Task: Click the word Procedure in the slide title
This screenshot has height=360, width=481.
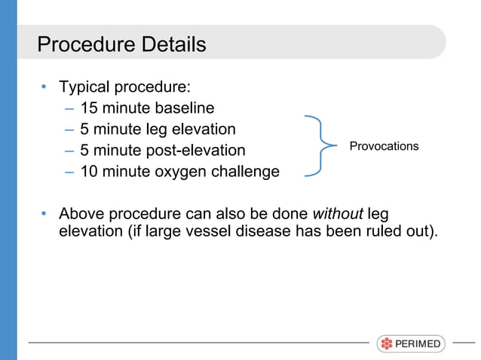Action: pyautogui.click(x=87, y=44)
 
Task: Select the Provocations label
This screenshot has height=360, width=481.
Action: pyautogui.click(x=384, y=146)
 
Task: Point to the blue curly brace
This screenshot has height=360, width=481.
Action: pyautogui.click(x=320, y=146)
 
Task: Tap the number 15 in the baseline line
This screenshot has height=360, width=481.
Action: pyautogui.click(x=90, y=108)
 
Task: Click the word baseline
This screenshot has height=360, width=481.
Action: pyautogui.click(x=185, y=108)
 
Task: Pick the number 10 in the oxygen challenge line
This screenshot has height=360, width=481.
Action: pyautogui.click(x=90, y=172)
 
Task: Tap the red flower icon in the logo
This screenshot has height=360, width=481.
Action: pyautogui.click(x=387, y=344)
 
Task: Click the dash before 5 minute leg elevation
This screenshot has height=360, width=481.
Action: pyautogui.click(x=69, y=130)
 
